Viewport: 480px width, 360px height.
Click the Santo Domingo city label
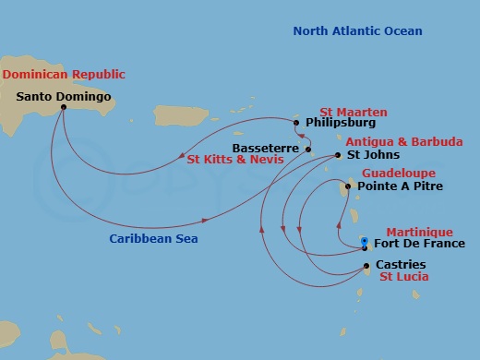tap(64, 95)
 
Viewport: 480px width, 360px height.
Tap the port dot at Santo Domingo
tap(64, 107)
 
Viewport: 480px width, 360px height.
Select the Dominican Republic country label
tap(63, 74)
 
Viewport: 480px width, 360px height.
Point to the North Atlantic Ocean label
tap(357, 31)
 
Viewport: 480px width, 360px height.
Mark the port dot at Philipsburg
tap(296, 122)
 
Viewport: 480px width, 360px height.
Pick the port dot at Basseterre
tap(308, 149)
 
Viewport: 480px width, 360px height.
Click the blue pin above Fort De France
tap(365, 238)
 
